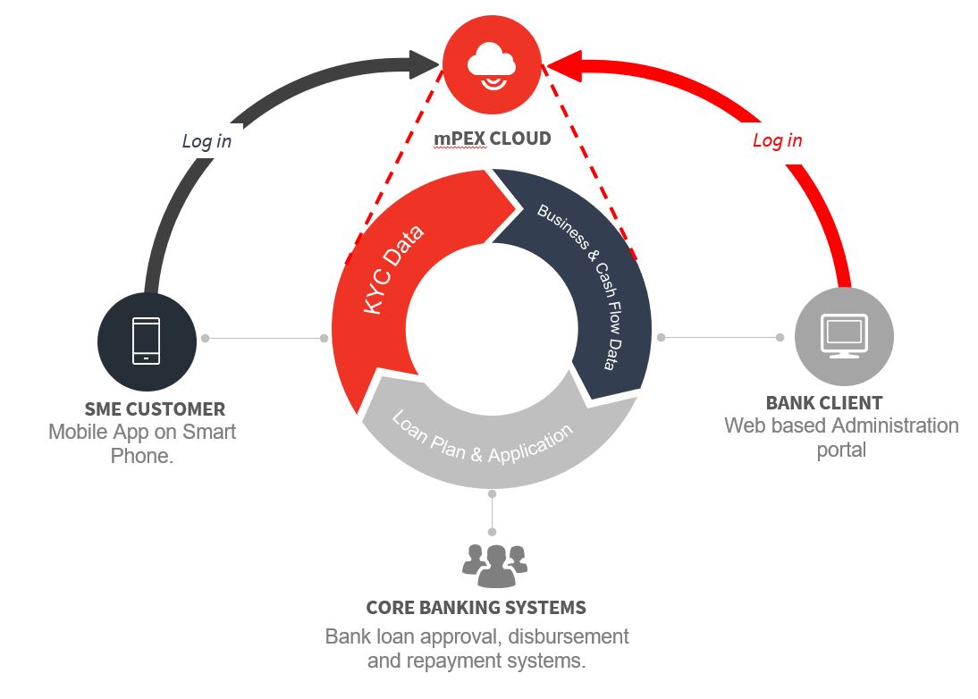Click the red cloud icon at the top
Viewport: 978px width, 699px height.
coord(491,63)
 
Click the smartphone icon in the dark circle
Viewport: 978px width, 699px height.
coord(146,341)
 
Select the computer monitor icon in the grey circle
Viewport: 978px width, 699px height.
coord(844,335)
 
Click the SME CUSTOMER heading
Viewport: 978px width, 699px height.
coord(155,409)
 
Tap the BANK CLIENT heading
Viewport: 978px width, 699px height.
coord(823,403)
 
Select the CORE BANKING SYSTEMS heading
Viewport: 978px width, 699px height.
coord(476,608)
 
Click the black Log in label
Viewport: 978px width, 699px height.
coord(207,140)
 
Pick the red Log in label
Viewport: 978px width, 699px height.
coord(777,140)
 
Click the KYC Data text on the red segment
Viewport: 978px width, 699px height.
coord(394,267)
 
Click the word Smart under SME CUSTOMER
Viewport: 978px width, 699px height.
coord(209,433)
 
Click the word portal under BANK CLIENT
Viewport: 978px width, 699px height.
coord(840,449)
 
